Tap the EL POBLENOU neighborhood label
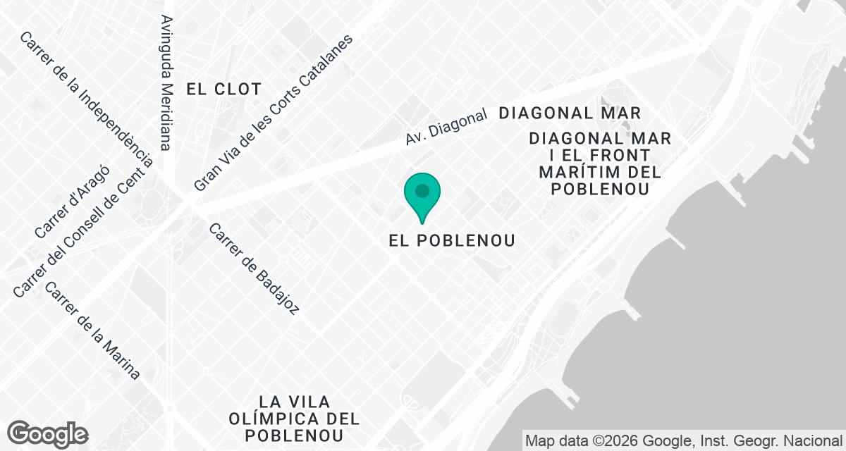pyautogui.click(x=452, y=240)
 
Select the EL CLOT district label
pyautogui.click(x=223, y=89)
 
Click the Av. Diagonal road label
pyautogui.click(x=446, y=128)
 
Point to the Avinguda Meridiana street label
pyautogui.click(x=166, y=82)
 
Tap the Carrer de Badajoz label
pyautogui.click(x=255, y=268)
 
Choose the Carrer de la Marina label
pyautogui.click(x=92, y=330)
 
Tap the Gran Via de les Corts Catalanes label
pyautogui.click(x=273, y=112)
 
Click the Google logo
pyautogui.click(x=48, y=434)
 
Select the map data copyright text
pyautogui.click(x=683, y=440)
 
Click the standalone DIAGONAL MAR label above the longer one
pyautogui.click(x=570, y=113)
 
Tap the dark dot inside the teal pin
pyautogui.click(x=422, y=190)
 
